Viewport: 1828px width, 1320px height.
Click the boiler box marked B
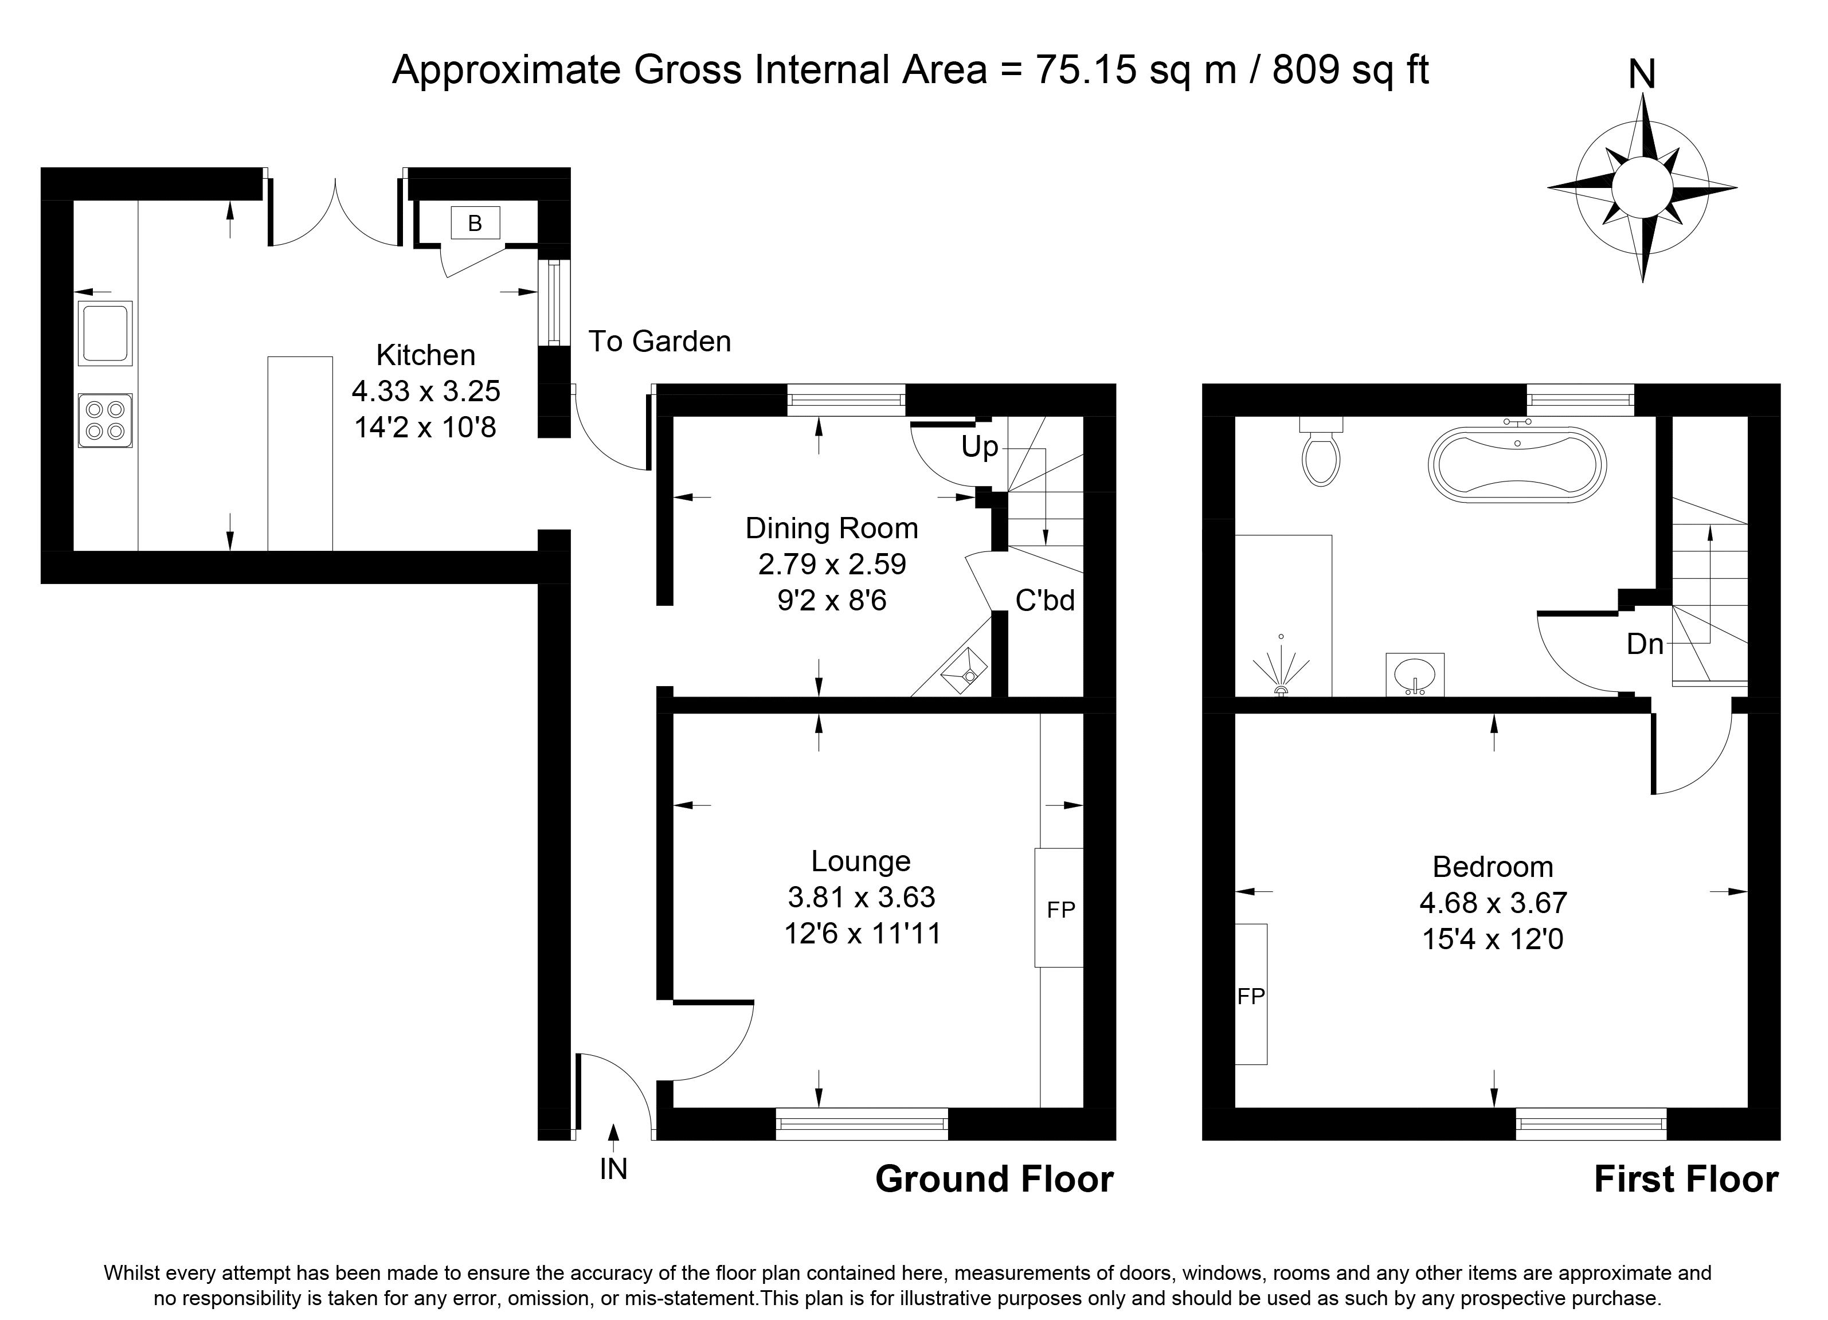[x=475, y=222]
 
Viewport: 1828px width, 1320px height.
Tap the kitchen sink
[x=105, y=333]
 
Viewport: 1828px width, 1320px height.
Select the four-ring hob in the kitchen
[x=105, y=420]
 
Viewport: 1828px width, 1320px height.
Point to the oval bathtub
[x=1517, y=465]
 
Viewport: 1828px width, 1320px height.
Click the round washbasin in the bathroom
[x=1415, y=673]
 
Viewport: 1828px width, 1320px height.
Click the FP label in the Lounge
[x=1060, y=910]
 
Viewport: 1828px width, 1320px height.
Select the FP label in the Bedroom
[x=1251, y=997]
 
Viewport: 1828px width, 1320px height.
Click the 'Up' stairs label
[x=979, y=446]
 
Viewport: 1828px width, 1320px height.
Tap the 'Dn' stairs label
[x=1645, y=644]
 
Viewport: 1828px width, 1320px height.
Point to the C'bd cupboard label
[x=1044, y=600]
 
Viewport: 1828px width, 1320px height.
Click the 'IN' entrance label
[x=613, y=1169]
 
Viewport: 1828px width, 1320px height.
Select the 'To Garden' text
[x=659, y=342]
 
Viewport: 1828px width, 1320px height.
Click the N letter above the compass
[x=1642, y=75]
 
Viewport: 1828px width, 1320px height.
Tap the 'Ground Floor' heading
[x=995, y=1180]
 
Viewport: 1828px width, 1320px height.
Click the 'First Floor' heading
[x=1686, y=1180]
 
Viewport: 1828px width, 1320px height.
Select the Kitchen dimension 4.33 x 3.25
[x=426, y=391]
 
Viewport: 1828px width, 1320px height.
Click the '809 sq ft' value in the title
[x=1350, y=70]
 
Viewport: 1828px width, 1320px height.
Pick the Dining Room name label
[x=832, y=528]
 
